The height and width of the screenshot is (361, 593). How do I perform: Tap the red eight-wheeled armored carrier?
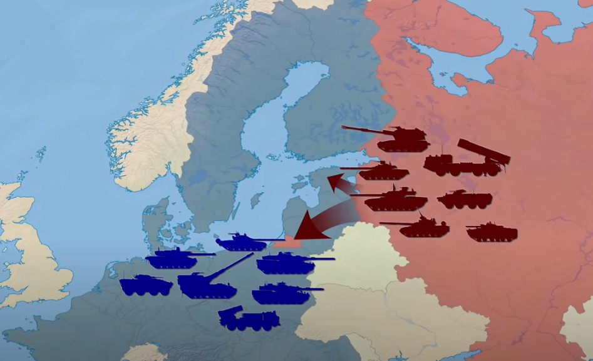coord(464,200)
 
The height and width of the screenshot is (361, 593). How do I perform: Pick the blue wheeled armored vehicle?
coord(146,285)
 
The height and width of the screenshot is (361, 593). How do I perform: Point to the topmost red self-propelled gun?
coord(394,139)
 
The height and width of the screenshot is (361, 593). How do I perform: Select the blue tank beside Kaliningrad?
coord(242,242)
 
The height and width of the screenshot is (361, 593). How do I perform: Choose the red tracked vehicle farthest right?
coord(492,232)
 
